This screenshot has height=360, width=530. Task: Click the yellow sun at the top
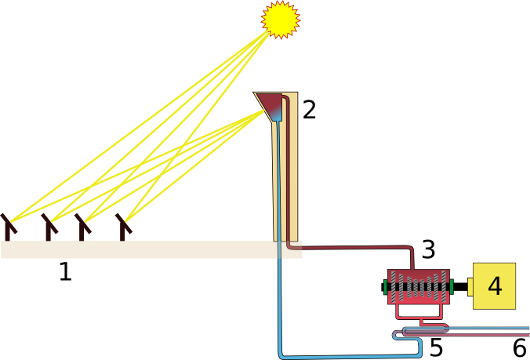click(x=280, y=20)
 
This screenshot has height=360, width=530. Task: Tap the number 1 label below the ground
click(x=66, y=272)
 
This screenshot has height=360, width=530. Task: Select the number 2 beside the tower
click(x=309, y=110)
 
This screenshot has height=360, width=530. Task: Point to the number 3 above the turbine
click(x=428, y=249)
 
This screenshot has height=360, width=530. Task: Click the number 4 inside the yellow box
click(x=495, y=286)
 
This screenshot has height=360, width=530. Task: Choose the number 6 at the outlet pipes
click(x=520, y=347)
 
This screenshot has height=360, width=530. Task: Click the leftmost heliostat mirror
click(x=9, y=225)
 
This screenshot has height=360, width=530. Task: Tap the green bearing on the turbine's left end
click(x=384, y=288)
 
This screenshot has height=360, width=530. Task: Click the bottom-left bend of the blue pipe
click(x=283, y=354)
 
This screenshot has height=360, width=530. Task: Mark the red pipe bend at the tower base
click(x=291, y=245)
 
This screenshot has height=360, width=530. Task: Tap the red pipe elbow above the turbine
click(x=410, y=251)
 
